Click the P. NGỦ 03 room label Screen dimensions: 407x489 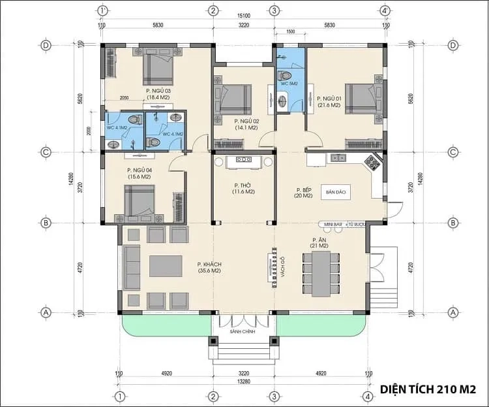click(158, 94)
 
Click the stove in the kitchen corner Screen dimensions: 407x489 click(373, 161)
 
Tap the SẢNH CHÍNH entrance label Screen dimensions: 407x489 click(243, 332)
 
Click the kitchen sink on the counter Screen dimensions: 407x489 click(338, 157)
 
